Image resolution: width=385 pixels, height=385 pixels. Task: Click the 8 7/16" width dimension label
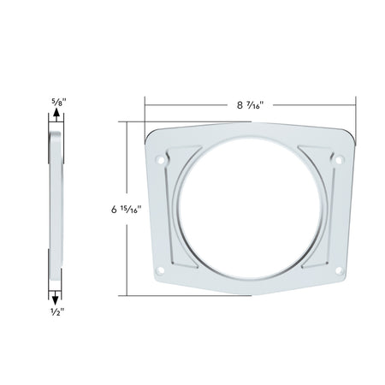click(x=250, y=105)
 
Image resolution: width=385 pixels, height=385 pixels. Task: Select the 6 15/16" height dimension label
click(x=127, y=210)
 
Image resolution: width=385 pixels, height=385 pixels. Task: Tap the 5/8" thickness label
click(x=59, y=102)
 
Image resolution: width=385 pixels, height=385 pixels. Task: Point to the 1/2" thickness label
click(x=57, y=311)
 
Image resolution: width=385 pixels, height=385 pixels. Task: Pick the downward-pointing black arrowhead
click(x=56, y=300)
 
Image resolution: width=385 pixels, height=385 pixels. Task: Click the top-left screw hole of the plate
click(x=161, y=160)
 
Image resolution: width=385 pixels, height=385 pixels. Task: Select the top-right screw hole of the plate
click(x=339, y=160)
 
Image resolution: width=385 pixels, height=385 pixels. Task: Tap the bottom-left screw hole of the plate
click(x=161, y=270)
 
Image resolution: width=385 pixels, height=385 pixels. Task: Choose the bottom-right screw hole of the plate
click(x=339, y=270)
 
